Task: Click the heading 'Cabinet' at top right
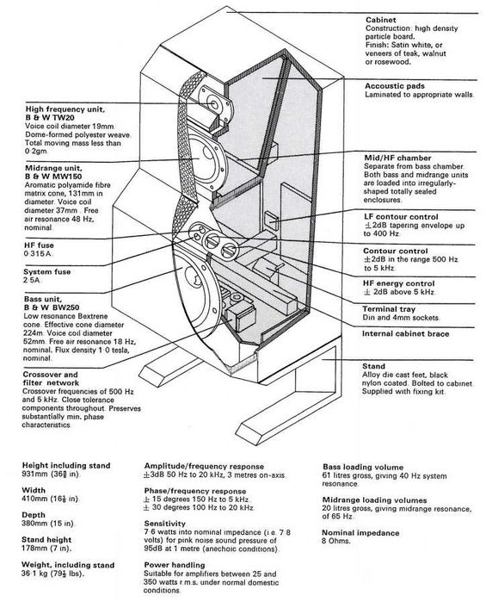click(x=380, y=20)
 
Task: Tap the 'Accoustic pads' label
click(x=395, y=86)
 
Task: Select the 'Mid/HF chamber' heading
click(x=397, y=158)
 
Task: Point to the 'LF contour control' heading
click(x=401, y=216)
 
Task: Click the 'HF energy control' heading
click(x=399, y=283)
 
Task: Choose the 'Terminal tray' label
click(x=389, y=308)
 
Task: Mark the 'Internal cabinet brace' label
click(x=405, y=333)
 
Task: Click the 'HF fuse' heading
click(x=39, y=245)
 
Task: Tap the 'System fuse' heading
click(x=47, y=271)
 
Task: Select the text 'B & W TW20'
click(x=50, y=118)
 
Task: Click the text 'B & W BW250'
click(x=52, y=307)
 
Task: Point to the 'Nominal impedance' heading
click(x=360, y=532)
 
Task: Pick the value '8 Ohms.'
click(x=336, y=541)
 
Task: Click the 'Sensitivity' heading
click(x=164, y=524)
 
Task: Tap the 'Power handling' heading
click(x=175, y=565)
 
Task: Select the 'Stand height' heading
click(x=46, y=539)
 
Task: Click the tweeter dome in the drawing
click(x=212, y=102)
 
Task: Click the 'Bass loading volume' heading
click(x=363, y=467)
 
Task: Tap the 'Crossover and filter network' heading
click(x=51, y=379)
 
